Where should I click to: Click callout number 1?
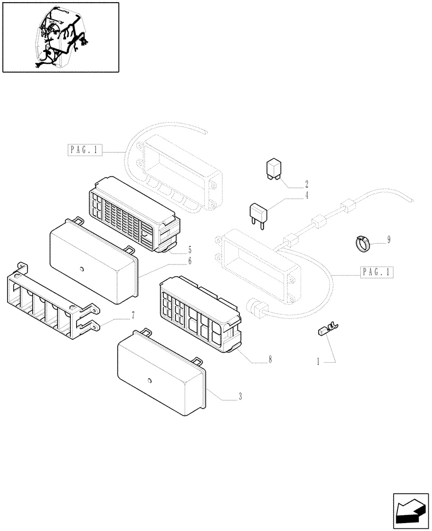point(318,362)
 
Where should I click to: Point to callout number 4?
point(306,195)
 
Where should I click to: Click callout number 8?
point(270,359)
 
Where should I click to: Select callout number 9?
point(388,240)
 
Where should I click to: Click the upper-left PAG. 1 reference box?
point(84,150)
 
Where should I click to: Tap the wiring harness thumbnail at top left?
point(60,37)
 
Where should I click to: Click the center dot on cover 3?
point(150,381)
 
